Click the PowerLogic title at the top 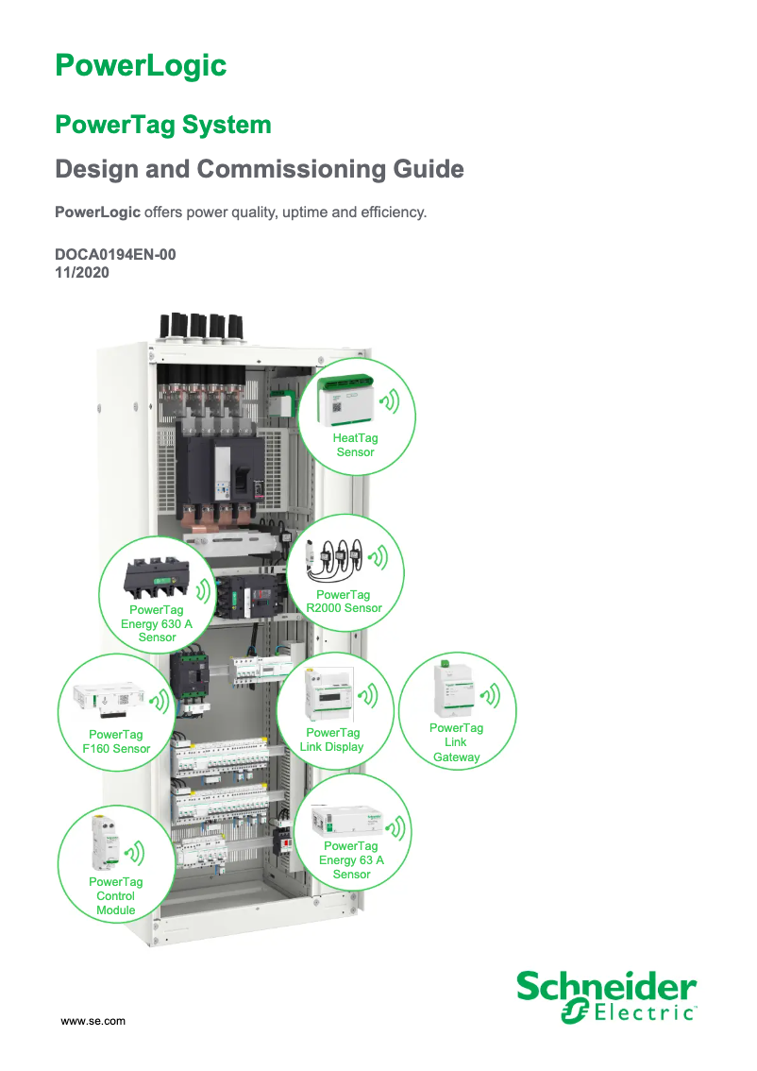click(x=141, y=65)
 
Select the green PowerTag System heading click(x=163, y=125)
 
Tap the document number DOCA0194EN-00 click(x=115, y=255)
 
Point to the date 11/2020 click(x=83, y=272)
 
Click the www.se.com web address click(x=93, y=1021)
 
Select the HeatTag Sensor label click(x=355, y=445)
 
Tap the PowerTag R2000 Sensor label click(x=344, y=602)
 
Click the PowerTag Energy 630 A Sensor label click(x=157, y=623)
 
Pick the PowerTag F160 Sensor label click(x=116, y=741)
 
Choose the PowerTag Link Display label click(x=331, y=739)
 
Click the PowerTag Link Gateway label click(x=456, y=742)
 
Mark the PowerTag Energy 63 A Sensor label click(x=351, y=859)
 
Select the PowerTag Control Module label click(x=115, y=896)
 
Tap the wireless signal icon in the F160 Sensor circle click(x=161, y=701)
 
